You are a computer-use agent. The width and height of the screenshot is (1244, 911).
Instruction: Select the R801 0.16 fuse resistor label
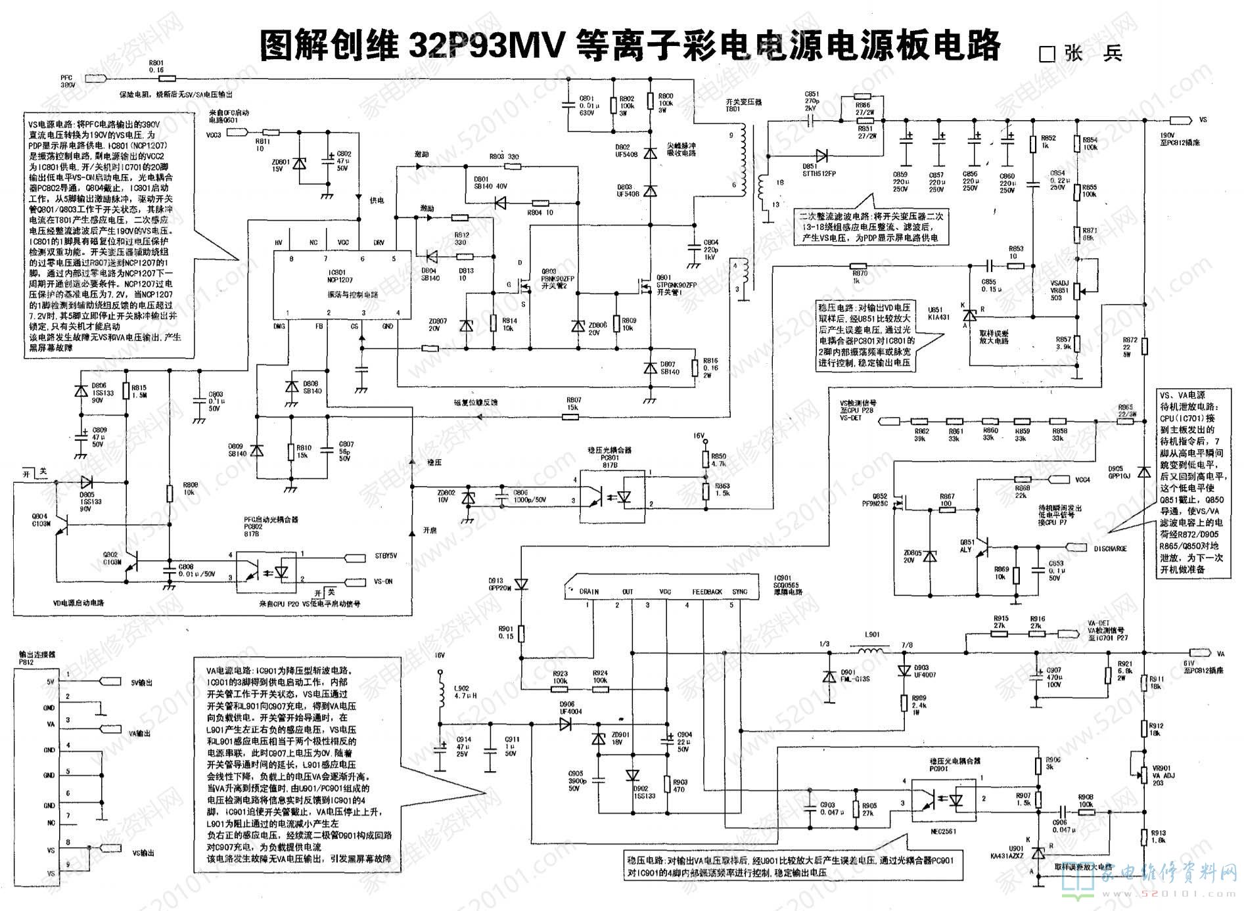156,66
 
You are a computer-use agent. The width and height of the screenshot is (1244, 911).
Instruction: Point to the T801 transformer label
733,106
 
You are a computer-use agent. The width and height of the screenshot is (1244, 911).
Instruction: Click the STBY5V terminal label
385,556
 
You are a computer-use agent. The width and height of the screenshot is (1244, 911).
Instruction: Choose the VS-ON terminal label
383,581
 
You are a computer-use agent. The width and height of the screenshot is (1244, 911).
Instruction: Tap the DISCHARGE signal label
1111,548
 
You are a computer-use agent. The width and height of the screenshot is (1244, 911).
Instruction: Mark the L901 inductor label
871,635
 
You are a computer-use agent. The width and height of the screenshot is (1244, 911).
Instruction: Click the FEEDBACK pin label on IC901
707,592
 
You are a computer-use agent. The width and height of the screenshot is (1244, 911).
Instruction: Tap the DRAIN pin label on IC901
589,592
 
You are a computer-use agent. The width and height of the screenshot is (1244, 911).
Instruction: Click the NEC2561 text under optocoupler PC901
943,832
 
